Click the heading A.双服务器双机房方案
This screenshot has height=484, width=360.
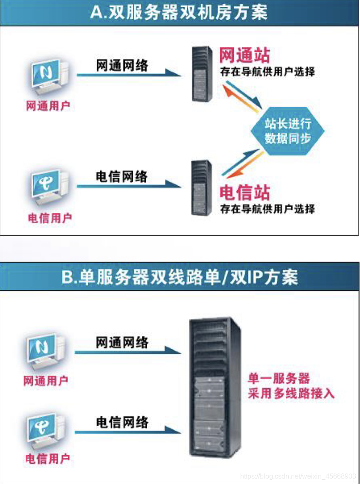(179, 12)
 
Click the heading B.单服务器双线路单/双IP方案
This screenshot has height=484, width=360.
(179, 277)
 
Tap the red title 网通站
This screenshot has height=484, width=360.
(244, 55)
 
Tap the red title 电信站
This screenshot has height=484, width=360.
(244, 192)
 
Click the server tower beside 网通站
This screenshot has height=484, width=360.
(202, 73)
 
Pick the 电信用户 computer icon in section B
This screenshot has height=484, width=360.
(47, 431)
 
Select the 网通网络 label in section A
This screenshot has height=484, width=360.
(122, 66)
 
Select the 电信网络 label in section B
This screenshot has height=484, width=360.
(122, 422)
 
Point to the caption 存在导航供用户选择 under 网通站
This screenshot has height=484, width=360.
(267, 72)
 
